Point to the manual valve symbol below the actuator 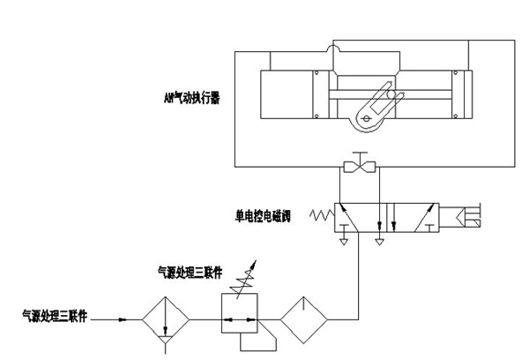click(x=359, y=167)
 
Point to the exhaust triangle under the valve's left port click(x=344, y=238)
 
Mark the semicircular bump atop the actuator click(x=333, y=48)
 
